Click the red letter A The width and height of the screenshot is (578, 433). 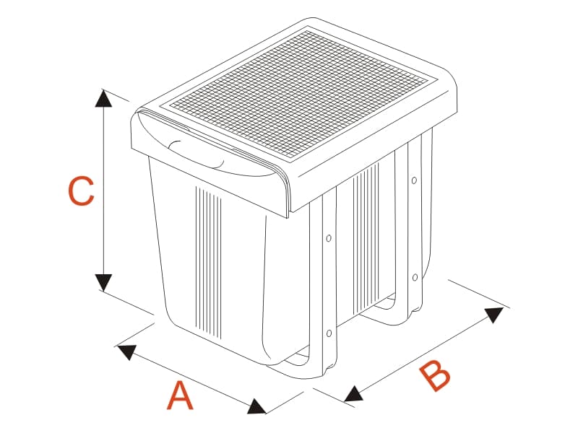point(180,395)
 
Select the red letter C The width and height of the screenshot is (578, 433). point(81,191)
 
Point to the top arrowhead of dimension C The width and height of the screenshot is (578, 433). point(103,98)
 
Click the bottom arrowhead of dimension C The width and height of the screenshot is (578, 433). point(103,282)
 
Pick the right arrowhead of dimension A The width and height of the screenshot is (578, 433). point(257,406)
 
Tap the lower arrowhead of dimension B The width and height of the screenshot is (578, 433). point(353,394)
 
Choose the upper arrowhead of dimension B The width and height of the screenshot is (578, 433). point(494,315)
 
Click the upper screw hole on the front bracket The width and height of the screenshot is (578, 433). point(329,238)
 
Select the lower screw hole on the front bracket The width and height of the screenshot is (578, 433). point(329,333)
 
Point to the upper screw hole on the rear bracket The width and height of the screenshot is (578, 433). point(414,180)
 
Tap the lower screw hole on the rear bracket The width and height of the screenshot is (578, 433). point(415,277)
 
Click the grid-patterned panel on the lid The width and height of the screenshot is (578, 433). point(302,94)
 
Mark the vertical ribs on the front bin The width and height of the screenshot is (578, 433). point(208,262)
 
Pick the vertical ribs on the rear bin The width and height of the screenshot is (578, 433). point(366,240)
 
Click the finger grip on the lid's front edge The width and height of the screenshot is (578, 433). point(196,154)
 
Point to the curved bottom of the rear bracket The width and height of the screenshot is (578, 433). point(391,313)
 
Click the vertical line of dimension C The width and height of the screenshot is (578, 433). point(103,191)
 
